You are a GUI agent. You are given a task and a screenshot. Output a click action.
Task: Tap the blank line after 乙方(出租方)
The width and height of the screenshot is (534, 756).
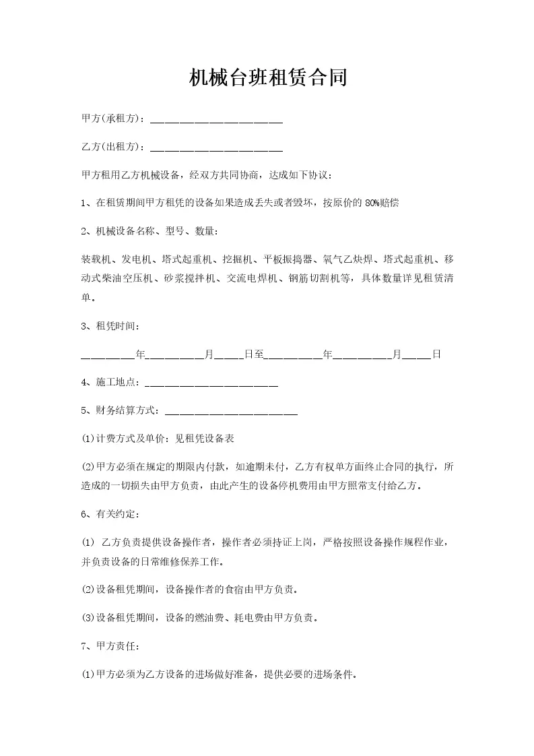click(215, 147)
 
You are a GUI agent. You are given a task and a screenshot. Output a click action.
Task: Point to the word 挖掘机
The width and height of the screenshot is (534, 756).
click(237, 259)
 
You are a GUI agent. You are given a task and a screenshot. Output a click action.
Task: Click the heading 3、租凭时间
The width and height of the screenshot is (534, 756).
click(110, 326)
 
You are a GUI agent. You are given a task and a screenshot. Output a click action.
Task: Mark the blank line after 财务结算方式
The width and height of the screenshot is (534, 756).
click(231, 410)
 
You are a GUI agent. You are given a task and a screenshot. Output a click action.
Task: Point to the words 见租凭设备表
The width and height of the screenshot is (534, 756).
click(205, 438)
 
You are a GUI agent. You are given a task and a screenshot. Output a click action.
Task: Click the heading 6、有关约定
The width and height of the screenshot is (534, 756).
click(110, 515)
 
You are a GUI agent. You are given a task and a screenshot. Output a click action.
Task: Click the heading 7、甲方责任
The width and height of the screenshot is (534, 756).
click(110, 646)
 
